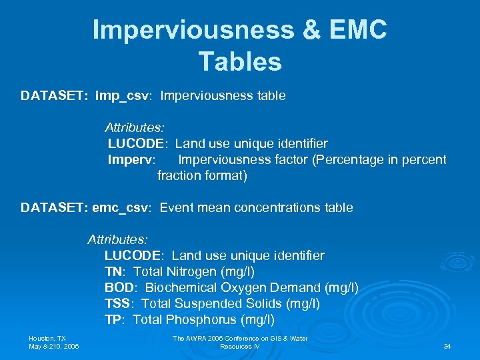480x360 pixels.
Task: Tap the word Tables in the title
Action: (x=240, y=61)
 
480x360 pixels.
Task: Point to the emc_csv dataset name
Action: (x=125, y=208)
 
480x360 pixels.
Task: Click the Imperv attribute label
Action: (x=131, y=160)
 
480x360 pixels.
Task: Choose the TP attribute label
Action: (x=113, y=320)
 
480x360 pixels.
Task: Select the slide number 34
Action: (x=447, y=347)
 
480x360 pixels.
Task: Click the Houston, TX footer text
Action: (x=47, y=339)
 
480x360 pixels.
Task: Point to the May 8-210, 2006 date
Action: (x=53, y=347)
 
